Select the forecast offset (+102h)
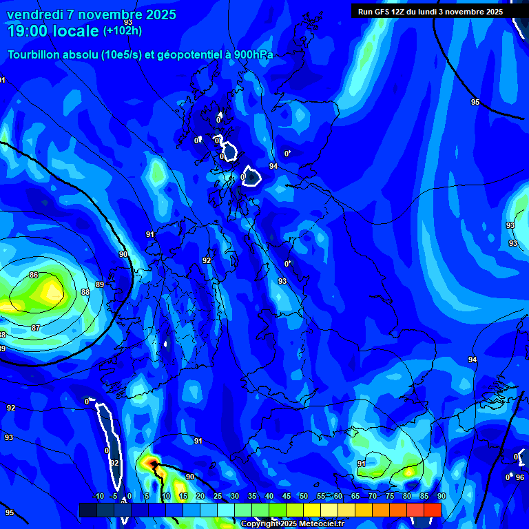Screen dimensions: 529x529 point(123,30)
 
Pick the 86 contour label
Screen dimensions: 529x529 point(34,275)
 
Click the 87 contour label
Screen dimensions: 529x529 point(36,328)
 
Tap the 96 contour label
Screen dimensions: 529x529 point(520,477)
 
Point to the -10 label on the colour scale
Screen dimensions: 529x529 point(98,496)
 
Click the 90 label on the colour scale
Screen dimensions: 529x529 point(441,496)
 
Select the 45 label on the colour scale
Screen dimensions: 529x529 point(287,496)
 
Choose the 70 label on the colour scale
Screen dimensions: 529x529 point(372,496)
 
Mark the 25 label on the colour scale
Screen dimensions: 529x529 point(218,496)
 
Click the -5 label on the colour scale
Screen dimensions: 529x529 point(114,496)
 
